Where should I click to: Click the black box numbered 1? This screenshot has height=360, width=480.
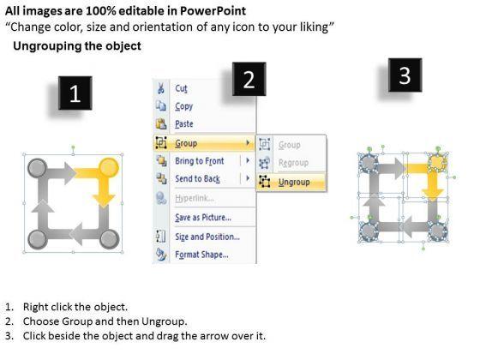pos(75,93)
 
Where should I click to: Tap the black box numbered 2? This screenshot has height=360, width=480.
pos(249,79)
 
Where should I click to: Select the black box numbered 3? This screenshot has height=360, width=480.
pos(405,75)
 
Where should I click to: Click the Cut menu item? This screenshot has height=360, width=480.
pos(181,88)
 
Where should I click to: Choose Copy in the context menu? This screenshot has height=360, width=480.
pos(183,106)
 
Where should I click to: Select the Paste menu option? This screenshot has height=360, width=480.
pos(184,124)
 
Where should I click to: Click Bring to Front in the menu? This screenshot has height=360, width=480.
pos(199,161)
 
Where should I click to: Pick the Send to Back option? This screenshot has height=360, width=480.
pos(197,178)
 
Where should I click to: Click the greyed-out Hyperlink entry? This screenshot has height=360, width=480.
pos(195,198)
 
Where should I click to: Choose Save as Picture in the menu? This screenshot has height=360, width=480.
pos(203,218)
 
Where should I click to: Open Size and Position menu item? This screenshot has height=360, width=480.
pos(207,237)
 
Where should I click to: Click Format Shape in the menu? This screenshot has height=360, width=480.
pos(201,255)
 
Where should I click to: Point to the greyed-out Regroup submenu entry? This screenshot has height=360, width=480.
pos(293,163)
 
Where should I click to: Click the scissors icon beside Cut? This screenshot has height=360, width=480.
pos(161,88)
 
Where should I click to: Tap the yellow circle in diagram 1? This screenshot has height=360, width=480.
pos(109,167)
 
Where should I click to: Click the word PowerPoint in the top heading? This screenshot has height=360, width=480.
pos(213,11)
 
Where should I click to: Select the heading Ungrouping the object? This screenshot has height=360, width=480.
pos(77,46)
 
